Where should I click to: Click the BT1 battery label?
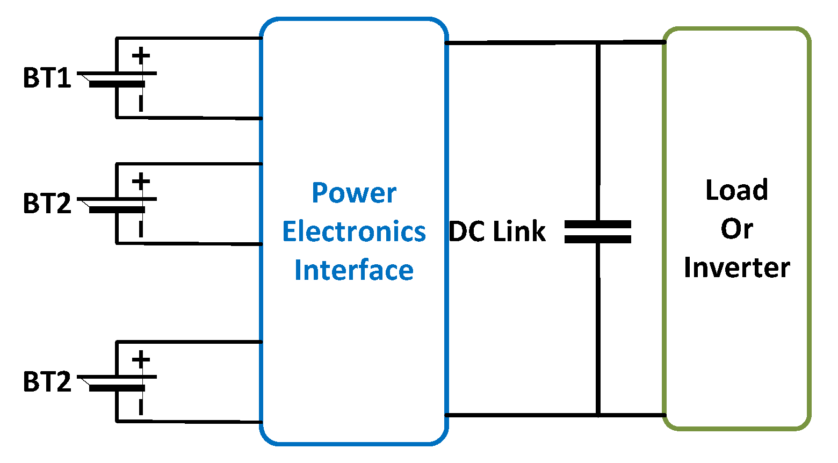click(47, 78)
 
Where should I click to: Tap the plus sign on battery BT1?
click(141, 56)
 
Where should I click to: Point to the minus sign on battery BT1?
click(141, 103)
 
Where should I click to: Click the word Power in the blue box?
click(354, 193)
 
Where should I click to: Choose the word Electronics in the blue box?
click(354, 231)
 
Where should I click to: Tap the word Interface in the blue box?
click(354, 270)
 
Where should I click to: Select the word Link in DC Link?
click(519, 232)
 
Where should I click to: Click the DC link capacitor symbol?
click(597, 232)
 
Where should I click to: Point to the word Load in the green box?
click(736, 190)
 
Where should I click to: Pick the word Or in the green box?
click(736, 229)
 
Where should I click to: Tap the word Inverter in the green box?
click(736, 268)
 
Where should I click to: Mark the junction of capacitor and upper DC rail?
click(597, 42)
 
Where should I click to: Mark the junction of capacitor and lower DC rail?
click(597, 415)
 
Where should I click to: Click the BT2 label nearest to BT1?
click(47, 204)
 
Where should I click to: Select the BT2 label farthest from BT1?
click(47, 382)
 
